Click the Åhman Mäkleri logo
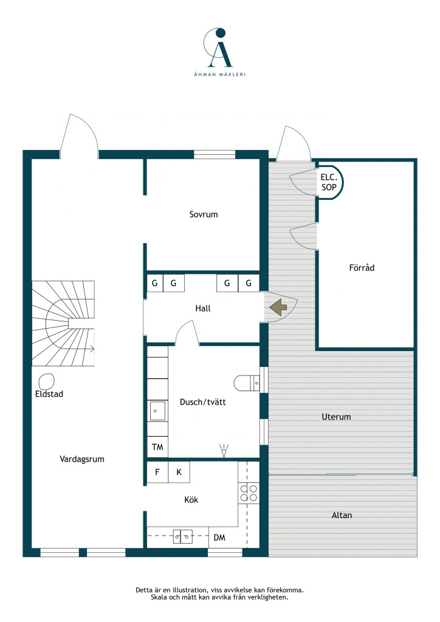coord(219,52)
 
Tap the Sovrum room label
coord(204,214)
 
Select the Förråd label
coord(362,268)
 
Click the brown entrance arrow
coord(278,307)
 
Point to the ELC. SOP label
coord(329,182)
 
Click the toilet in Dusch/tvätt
coord(246,383)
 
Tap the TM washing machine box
coord(157,447)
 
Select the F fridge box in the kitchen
coord(157,472)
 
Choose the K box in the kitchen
coord(179,472)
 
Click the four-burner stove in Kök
coord(249,493)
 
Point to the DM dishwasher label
coord(219,538)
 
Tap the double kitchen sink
coord(182,536)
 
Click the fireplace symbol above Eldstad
coord(46,381)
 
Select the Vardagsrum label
coord(81,459)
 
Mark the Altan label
coord(342,515)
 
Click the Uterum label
coord(336,417)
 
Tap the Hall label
coord(203,308)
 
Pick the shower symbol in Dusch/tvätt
coord(224,450)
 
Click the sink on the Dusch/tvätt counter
coord(157,411)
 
